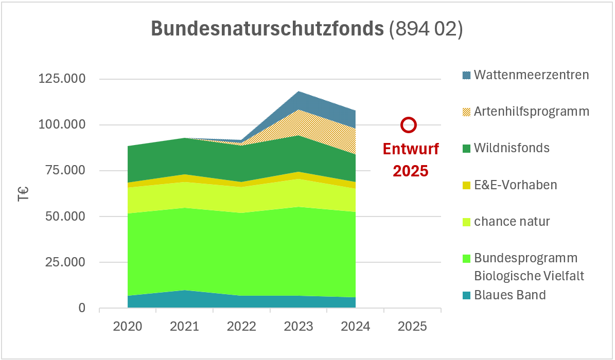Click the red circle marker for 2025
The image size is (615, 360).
409,124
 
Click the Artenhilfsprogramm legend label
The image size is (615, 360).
532,111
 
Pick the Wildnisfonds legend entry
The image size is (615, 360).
512,148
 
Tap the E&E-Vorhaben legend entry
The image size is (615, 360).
515,185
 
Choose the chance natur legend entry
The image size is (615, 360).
512,222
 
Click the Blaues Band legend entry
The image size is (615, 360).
509,295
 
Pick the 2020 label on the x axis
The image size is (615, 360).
128,327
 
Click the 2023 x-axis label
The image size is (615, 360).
298,327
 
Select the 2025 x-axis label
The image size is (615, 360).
413,327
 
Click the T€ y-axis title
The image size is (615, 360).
23,193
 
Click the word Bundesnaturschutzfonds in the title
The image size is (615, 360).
267,29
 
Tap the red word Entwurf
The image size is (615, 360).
411,149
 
